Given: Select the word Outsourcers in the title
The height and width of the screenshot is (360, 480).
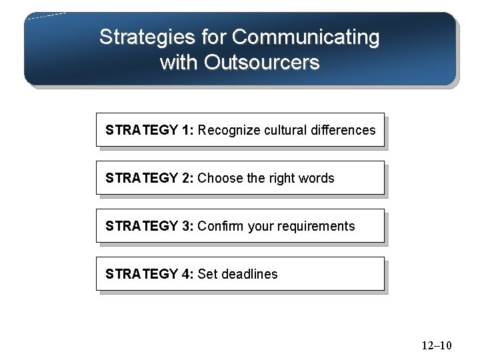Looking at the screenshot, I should tap(262, 63).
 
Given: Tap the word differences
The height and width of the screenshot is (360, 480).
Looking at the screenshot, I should tap(343, 130).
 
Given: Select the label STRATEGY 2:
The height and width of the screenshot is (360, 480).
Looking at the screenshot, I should tap(149, 178).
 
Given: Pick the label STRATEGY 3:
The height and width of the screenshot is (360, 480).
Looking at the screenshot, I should tap(149, 226).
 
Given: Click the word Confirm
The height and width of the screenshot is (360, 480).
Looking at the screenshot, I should tap(221, 226).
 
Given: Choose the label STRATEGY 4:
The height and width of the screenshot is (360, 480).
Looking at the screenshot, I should tap(149, 274).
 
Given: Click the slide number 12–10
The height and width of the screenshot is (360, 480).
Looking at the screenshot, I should tap(437, 345).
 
